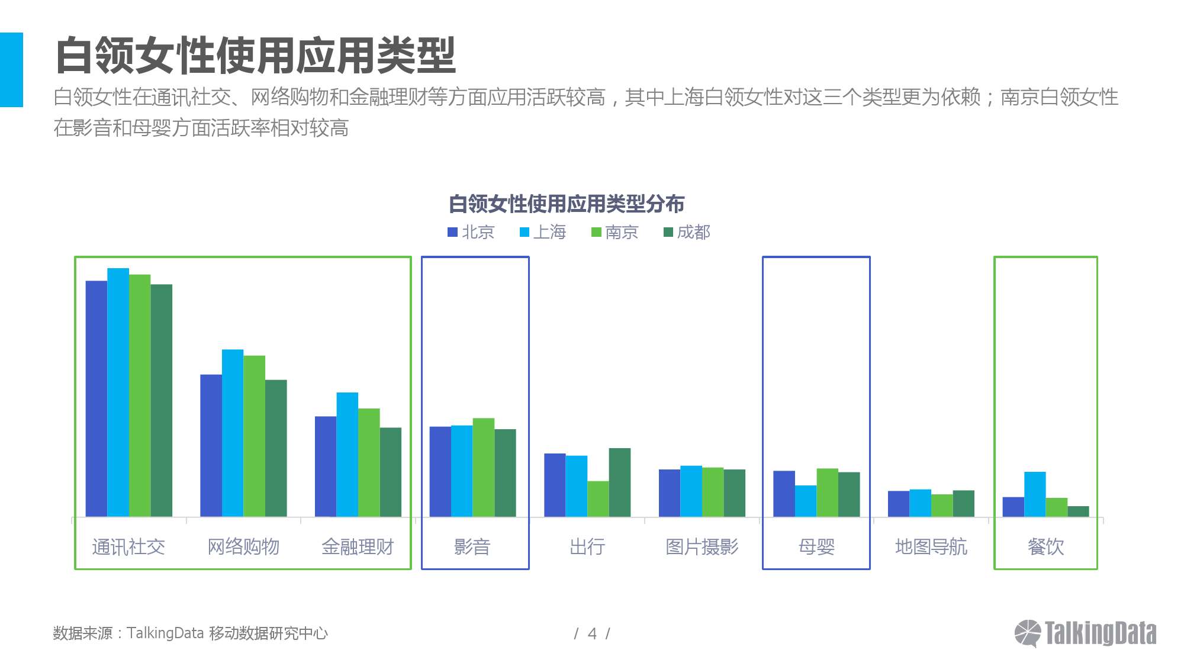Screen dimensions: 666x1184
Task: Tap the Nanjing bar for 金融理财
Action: click(x=369, y=462)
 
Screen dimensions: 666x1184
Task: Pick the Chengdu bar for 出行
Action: click(x=620, y=482)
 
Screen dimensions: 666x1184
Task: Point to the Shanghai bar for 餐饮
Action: click(x=1035, y=494)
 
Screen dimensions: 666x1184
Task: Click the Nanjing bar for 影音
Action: click(x=483, y=467)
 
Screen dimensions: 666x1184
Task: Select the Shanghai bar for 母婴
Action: click(x=806, y=501)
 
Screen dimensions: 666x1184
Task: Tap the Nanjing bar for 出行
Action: click(x=598, y=498)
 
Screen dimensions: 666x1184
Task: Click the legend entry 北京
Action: click(x=471, y=232)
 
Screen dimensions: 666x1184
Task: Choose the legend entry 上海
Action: click(x=543, y=232)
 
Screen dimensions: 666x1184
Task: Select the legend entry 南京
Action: click(x=615, y=232)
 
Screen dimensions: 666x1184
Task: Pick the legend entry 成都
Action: click(x=687, y=232)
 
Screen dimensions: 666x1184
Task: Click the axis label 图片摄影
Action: click(x=702, y=546)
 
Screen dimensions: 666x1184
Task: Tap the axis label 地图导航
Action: click(x=931, y=546)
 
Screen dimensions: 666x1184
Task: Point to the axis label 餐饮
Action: click(x=1045, y=546)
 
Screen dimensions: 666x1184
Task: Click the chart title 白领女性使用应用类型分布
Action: click(x=567, y=204)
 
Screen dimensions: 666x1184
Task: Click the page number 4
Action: click(x=592, y=634)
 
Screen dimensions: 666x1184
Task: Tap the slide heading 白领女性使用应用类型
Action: click(x=255, y=56)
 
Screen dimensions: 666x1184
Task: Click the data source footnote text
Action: click(x=190, y=633)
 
